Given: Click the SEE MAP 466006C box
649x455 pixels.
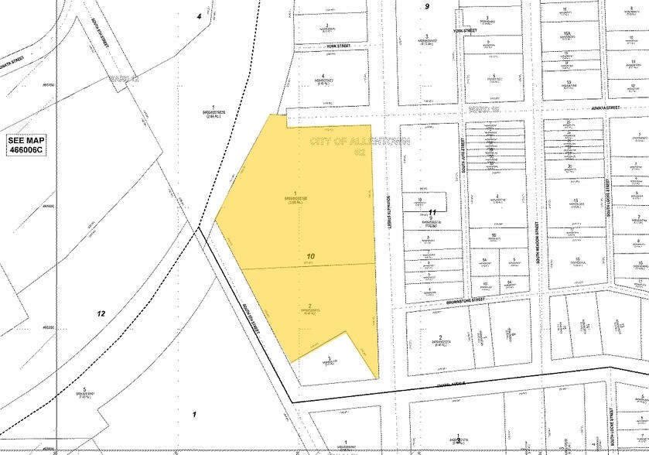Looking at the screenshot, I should tap(26, 145).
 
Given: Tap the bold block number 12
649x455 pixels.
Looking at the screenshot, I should tap(100, 313).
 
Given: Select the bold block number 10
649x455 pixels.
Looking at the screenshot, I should tap(311, 255).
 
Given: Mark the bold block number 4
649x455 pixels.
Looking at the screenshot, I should tap(199, 15).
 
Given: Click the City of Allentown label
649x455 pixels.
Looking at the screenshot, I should tap(337, 144).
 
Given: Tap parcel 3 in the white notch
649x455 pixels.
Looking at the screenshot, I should tap(330, 361).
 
